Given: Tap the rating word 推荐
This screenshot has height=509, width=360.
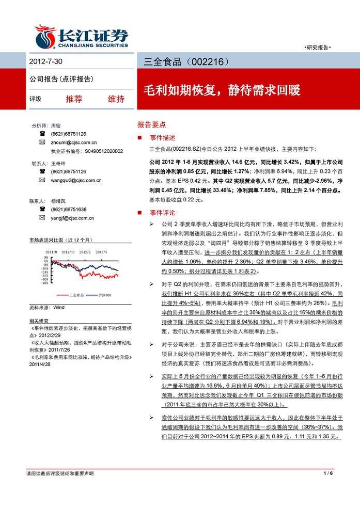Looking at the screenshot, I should pyautogui.click(x=74, y=99).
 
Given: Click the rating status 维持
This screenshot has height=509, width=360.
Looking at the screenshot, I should pyautogui.click(x=116, y=99).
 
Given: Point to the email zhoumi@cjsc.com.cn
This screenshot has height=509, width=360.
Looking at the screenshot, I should pyautogui.click(x=74, y=142).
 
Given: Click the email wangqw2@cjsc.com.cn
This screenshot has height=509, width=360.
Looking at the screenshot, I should pyautogui.click(x=76, y=180).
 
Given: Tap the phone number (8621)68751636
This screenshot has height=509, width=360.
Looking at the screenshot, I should pyautogui.click(x=69, y=210).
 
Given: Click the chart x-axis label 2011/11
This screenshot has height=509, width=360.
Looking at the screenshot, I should pyautogui.click(x=69, y=252).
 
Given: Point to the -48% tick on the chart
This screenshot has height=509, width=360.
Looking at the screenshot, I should pyautogui.click(x=45, y=283).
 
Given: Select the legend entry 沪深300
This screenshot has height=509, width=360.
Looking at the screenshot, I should pyautogui.click(x=105, y=294).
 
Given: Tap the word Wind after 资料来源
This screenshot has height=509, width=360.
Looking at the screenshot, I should pyautogui.click(x=58, y=307).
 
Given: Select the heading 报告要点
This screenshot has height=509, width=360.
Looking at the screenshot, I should pyautogui.click(x=151, y=124).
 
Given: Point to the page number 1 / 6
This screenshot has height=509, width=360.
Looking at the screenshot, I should pyautogui.click(x=328, y=473).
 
